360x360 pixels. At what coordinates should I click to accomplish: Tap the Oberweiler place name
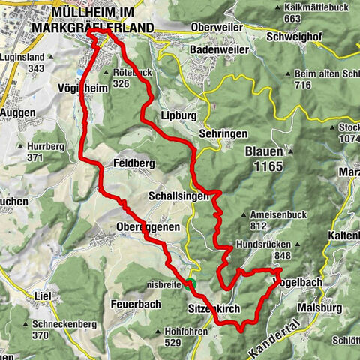click(x=217, y=28)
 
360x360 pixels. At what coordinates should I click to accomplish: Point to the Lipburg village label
click(x=177, y=116)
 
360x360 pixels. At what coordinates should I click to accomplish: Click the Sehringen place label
click(x=223, y=131)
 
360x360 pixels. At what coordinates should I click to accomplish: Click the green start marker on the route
click(x=191, y=283)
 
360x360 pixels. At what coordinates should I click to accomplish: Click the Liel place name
click(x=43, y=296)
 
